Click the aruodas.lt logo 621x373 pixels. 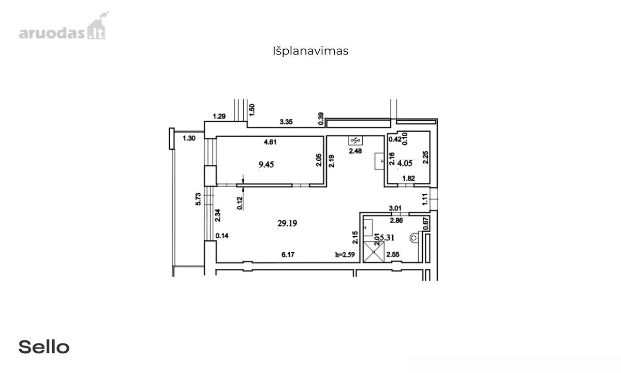pyautogui.click(x=64, y=26)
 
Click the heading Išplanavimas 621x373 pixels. pyautogui.click(x=310, y=51)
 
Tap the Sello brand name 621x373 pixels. pyautogui.click(x=44, y=347)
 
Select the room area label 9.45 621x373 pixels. pyautogui.click(x=266, y=165)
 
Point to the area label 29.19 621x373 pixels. pyautogui.click(x=287, y=223)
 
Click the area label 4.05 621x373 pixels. pyautogui.click(x=405, y=163)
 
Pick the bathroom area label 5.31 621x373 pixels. pyautogui.click(x=387, y=238)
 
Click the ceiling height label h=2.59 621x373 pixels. pyautogui.click(x=345, y=254)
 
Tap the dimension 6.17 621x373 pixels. pyautogui.click(x=288, y=254)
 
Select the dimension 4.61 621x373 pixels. pyautogui.click(x=270, y=142)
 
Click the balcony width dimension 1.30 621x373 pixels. pyautogui.click(x=189, y=138)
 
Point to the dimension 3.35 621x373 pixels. pyautogui.click(x=286, y=122)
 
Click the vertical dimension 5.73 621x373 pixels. pyautogui.click(x=198, y=199)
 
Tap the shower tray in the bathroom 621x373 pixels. pyautogui.click(x=374, y=252)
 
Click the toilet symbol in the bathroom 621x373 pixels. pyautogui.click(x=414, y=238)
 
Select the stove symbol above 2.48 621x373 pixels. pyautogui.click(x=355, y=141)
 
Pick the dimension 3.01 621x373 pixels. pyautogui.click(x=395, y=208)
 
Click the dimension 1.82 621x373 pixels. pyautogui.click(x=409, y=178)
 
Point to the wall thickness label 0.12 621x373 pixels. pyautogui.click(x=240, y=203)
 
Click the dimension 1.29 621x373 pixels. pyautogui.click(x=219, y=116)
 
